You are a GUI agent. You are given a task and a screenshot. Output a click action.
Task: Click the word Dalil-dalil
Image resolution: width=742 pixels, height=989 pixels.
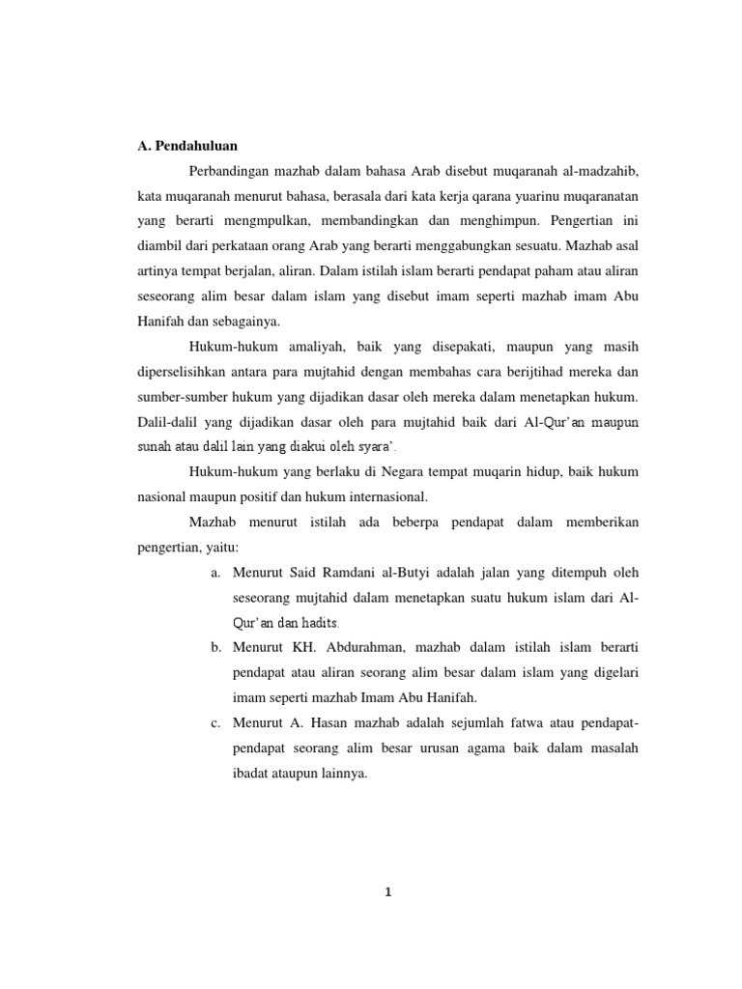[x=166, y=421]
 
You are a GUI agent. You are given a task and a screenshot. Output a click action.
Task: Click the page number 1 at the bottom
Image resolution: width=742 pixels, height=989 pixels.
[x=386, y=891]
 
